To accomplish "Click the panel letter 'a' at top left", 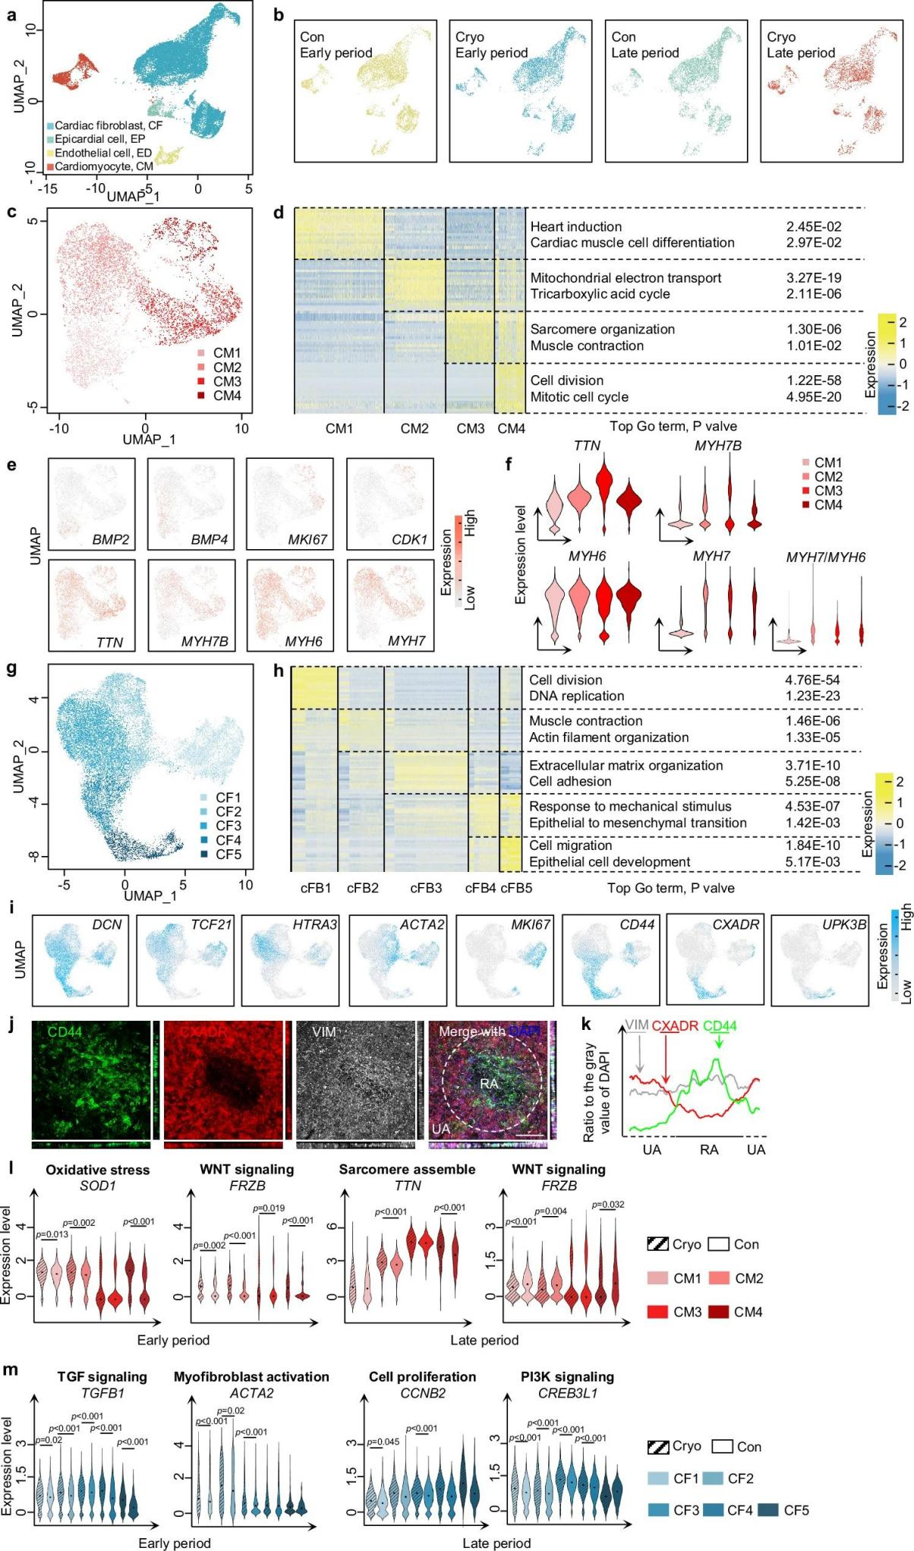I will (x=11, y=13).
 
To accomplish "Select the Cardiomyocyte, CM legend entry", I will (x=103, y=166).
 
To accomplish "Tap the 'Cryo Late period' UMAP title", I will (x=800, y=45).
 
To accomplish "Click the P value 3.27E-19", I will (x=814, y=278).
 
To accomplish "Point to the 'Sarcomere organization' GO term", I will (x=602, y=329).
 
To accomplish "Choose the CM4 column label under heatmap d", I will (x=511, y=428).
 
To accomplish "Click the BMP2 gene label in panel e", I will (x=111, y=540).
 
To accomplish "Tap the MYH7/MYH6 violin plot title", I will (x=825, y=557).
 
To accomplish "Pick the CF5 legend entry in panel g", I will (x=228, y=854).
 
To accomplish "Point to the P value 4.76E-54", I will (x=812, y=680).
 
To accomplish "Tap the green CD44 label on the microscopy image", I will (x=65, y=1031).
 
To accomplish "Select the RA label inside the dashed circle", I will (x=489, y=1083).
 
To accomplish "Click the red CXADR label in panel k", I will (x=674, y=1025).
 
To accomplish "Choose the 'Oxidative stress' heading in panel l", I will (x=97, y=1170).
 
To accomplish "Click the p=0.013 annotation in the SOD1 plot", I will (x=52, y=1234).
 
